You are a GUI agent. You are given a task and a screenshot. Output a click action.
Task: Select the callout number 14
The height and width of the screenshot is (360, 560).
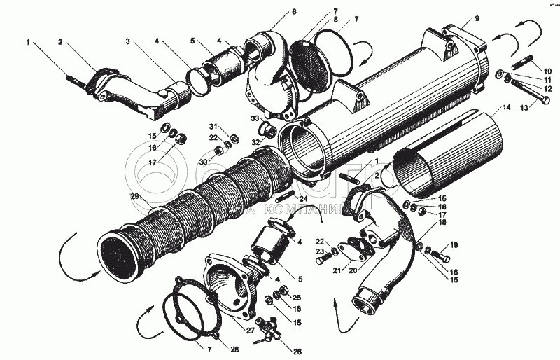[x=506, y=109]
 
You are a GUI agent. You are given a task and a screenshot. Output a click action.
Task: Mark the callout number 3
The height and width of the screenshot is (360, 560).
[x=128, y=42]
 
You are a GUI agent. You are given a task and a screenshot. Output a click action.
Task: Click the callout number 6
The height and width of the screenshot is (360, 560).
[x=274, y=11]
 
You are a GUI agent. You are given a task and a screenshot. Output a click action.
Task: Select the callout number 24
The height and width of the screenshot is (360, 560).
[x=302, y=198]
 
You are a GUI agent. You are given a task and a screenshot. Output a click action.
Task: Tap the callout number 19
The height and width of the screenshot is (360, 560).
[x=453, y=245]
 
